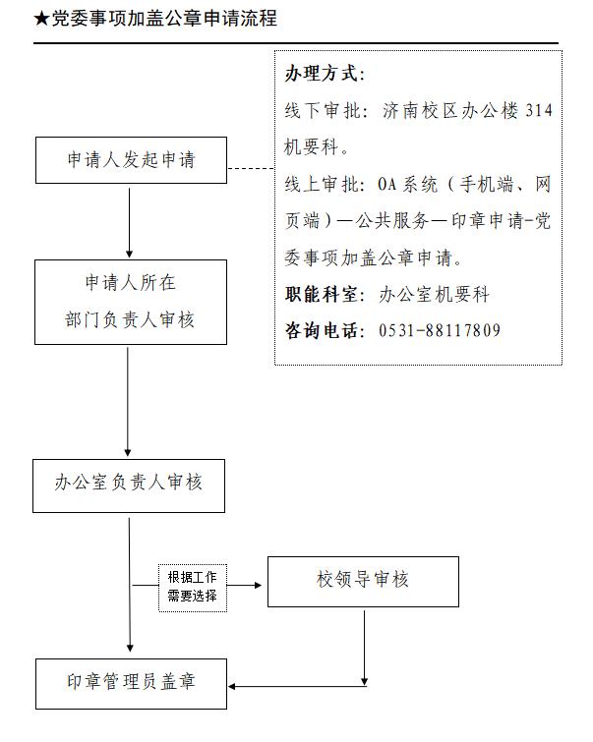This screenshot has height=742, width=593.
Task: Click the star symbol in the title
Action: pos(40,19)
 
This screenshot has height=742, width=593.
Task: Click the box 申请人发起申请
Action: pos(131,160)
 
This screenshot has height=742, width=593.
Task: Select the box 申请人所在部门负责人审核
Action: pos(130,302)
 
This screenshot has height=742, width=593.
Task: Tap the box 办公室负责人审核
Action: pos(128,484)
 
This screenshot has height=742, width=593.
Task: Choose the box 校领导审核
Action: pos(363,581)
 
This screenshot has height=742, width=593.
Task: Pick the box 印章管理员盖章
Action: pos(131,680)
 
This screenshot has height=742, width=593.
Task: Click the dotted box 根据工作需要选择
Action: pos(193,587)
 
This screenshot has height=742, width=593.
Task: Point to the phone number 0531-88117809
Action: pos(439,330)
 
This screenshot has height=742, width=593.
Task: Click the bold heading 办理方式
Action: pos(324,75)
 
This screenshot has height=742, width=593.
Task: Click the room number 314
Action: pos(539,111)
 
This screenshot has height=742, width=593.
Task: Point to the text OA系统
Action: pos(413,184)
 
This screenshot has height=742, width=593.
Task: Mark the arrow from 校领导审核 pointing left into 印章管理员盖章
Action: pos(295,685)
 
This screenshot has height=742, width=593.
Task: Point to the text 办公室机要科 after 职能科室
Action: pos(434,295)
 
